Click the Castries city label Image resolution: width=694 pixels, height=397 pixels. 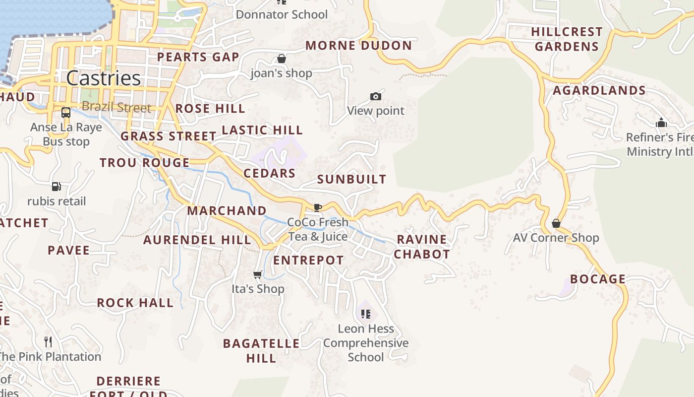point(103,78)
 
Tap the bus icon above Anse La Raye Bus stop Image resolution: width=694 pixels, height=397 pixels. point(66,113)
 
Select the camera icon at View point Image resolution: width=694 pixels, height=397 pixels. point(376,96)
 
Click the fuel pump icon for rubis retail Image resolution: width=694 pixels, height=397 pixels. point(57,187)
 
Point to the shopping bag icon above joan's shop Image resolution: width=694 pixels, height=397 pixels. point(282,59)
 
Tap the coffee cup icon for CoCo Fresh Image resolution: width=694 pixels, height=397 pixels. point(318,207)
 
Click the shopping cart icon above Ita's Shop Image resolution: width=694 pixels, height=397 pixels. point(258,274)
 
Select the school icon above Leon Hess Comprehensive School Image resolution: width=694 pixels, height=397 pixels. point(366,314)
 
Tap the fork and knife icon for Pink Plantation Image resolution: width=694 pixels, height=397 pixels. point(48,341)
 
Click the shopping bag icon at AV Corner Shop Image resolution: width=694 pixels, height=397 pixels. point(556,223)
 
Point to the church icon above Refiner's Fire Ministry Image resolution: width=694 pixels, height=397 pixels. point(661,123)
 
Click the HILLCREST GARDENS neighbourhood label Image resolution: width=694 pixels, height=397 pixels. point(567,39)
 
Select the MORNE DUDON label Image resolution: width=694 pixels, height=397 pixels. point(358,46)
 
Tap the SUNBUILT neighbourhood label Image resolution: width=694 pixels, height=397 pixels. point(351,179)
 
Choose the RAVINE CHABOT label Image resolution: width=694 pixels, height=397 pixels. point(422,247)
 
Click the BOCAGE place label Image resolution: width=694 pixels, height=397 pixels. point(598,279)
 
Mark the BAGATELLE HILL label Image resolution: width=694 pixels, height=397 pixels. point(261,350)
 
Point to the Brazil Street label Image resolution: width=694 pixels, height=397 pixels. point(116,107)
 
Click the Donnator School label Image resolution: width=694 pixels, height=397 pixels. point(282,14)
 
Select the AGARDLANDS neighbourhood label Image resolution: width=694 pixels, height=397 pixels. point(599,90)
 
